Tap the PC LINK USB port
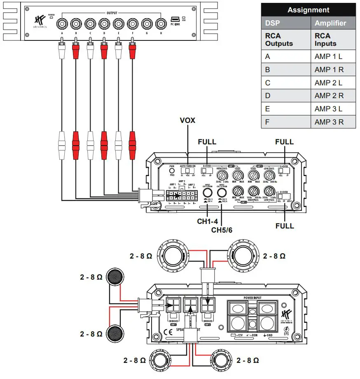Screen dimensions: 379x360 [x=174, y=19]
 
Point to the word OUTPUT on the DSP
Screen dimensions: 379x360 [x=112, y=13]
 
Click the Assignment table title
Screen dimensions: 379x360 [x=308, y=10]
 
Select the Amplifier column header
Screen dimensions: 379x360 [x=330, y=23]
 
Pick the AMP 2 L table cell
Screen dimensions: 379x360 [x=328, y=83]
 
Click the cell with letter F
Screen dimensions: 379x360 [x=268, y=122]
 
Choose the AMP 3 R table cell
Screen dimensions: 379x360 [x=329, y=122]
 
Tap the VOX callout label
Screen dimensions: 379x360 [x=187, y=121]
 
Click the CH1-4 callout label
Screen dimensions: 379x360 [x=207, y=221]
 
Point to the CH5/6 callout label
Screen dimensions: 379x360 [x=222, y=229]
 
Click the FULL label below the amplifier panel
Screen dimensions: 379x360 [x=285, y=226]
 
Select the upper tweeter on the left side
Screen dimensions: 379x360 [x=117, y=277]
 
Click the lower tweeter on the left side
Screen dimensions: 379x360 [x=117, y=333]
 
